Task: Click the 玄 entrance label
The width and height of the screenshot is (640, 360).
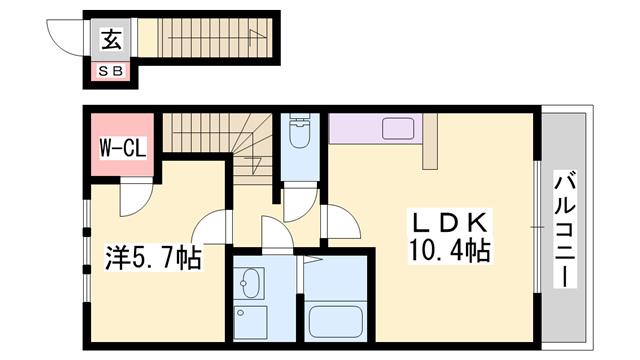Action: click(111, 40)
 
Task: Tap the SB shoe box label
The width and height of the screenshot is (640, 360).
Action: click(111, 71)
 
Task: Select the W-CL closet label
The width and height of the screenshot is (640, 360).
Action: click(123, 148)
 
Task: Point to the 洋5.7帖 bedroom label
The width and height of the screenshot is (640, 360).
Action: click(153, 257)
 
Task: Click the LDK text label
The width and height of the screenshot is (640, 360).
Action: click(450, 223)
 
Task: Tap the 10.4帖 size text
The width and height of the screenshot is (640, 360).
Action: click(449, 250)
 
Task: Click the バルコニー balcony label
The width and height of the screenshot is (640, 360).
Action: click(565, 229)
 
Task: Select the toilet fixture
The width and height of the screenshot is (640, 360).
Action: click(300, 131)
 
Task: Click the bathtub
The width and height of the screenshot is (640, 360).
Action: click(336, 322)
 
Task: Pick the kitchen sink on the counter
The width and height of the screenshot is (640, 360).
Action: click(398, 128)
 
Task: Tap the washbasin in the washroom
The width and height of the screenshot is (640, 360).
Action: click(249, 283)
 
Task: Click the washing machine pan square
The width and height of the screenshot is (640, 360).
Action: click(251, 322)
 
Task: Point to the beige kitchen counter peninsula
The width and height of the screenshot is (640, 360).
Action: click(430, 141)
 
